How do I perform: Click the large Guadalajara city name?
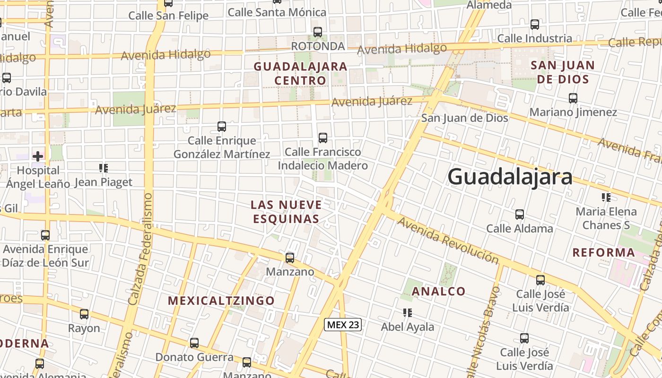(x=510, y=177)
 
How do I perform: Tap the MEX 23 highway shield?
(x=343, y=325)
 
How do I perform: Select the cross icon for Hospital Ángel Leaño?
(x=38, y=155)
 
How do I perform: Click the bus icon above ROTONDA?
(x=318, y=32)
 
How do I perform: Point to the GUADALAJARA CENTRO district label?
(x=301, y=73)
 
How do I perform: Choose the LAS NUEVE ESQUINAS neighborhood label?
(x=286, y=212)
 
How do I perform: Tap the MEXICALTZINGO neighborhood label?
(x=221, y=301)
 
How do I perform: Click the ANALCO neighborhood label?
(x=439, y=291)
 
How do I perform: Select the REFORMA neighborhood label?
(x=604, y=252)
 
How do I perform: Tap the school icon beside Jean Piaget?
(x=104, y=168)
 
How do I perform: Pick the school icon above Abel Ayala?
(x=408, y=312)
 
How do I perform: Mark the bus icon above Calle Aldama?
(x=520, y=215)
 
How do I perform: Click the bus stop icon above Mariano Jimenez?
(x=573, y=98)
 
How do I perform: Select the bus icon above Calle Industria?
(x=535, y=25)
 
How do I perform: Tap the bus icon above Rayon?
(x=84, y=314)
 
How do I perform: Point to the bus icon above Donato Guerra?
(x=194, y=343)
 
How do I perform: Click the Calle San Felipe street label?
(x=168, y=16)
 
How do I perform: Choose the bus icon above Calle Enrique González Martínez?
(x=222, y=127)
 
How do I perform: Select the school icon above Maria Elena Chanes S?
(x=606, y=197)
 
